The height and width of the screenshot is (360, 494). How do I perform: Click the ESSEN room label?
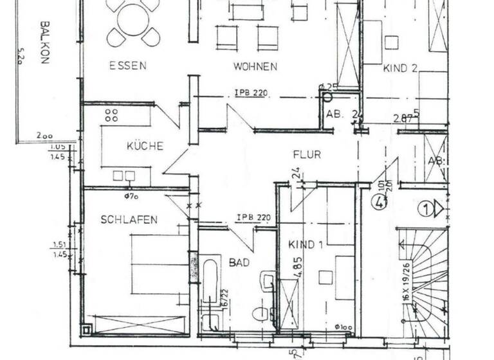click(127, 65)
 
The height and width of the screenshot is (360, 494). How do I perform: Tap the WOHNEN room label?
click(255, 66)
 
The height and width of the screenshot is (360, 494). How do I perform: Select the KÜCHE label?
click(145, 146)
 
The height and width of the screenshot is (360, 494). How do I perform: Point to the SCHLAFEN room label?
click(129, 220)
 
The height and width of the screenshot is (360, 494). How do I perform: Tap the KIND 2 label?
click(401, 67)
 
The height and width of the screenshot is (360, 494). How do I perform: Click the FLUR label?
click(306, 154)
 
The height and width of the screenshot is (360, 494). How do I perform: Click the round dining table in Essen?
click(133, 19)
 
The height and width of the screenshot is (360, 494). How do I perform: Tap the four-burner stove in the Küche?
click(111, 116)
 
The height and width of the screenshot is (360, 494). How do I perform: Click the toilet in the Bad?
click(260, 314)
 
